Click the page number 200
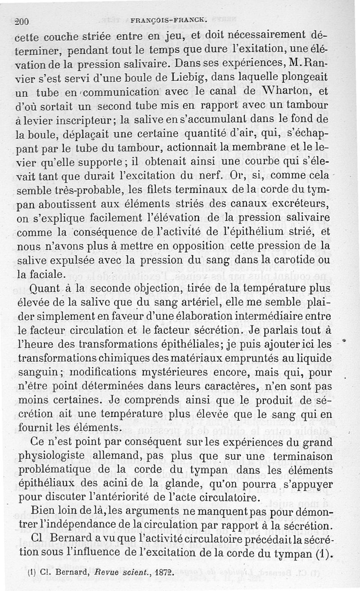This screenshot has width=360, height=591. [21, 20]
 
